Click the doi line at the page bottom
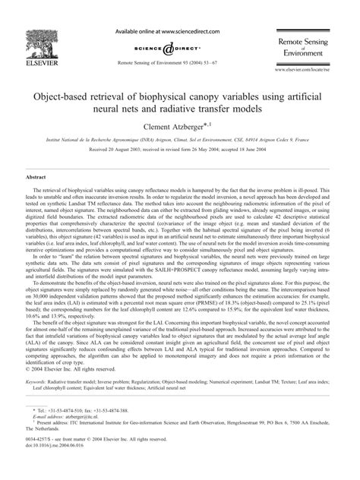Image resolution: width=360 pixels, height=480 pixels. pos(53,466)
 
